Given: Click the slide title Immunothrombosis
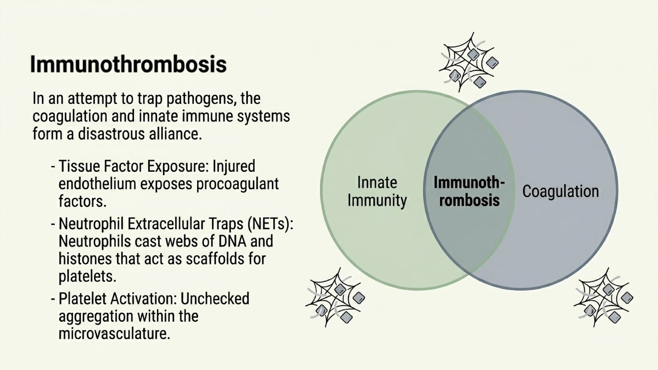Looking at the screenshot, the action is (x=128, y=64).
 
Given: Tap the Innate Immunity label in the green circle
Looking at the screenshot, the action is (x=377, y=191).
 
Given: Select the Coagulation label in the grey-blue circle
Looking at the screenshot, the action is (x=561, y=191).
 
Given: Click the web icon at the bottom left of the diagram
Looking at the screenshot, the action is (x=335, y=297).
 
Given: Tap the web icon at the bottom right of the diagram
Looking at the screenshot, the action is (x=603, y=297).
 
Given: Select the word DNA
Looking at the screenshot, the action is (x=232, y=241).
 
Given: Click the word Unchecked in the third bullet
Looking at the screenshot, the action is (x=215, y=299).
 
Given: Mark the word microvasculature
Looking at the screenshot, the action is (x=114, y=334).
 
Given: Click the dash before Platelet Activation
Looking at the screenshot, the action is (x=53, y=299).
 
